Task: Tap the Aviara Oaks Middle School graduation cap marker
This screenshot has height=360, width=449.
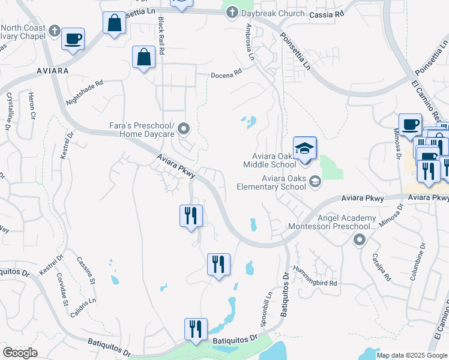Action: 304,148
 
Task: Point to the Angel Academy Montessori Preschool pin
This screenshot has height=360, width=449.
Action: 360,241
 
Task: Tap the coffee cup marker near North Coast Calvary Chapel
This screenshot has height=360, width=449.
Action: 73,39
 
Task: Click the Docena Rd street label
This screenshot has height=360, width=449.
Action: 226,73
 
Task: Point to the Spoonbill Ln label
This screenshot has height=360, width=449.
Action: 267,308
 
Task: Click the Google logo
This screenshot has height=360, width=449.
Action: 20,353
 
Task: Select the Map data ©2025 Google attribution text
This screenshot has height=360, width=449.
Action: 411,355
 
